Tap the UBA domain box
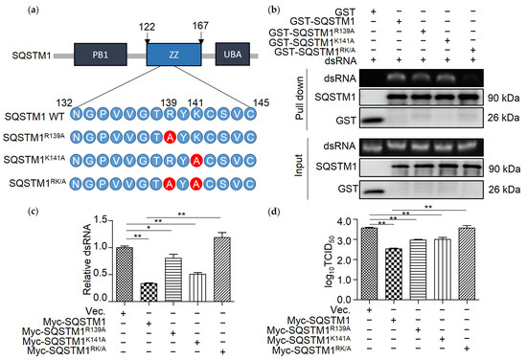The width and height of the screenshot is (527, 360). (230, 56)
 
